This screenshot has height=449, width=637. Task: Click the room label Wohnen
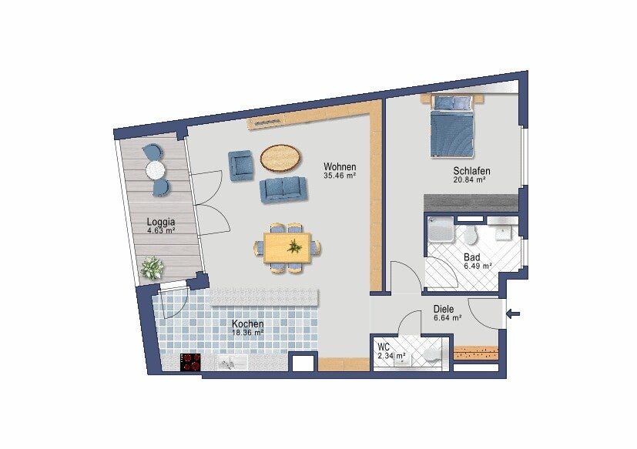click(x=340, y=166)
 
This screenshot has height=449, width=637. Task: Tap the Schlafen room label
click(x=471, y=171)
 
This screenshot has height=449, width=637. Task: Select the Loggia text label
click(x=161, y=222)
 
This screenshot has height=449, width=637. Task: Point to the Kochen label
click(x=247, y=323)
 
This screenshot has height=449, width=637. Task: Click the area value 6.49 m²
click(x=478, y=266)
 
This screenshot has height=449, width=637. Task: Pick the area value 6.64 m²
click(x=448, y=318)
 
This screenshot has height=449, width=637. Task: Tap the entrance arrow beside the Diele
click(x=513, y=313)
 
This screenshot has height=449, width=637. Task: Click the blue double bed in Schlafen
click(x=451, y=126)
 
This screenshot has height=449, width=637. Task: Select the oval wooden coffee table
click(x=280, y=159)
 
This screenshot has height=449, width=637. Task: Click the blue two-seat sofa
click(x=283, y=189)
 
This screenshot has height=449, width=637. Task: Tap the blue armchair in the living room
click(x=241, y=165)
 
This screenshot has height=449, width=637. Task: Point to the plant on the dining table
click(x=294, y=246)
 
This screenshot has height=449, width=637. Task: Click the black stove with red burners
click(x=190, y=362)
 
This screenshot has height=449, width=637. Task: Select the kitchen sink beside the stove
click(x=232, y=362)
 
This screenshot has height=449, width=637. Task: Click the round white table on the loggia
click(x=155, y=170)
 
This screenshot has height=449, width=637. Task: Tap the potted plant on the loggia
click(x=152, y=268)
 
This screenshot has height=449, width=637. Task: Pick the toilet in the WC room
click(x=431, y=354)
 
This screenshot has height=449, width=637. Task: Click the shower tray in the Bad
click(x=441, y=230)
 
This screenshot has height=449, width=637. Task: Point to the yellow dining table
click(x=287, y=247)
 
